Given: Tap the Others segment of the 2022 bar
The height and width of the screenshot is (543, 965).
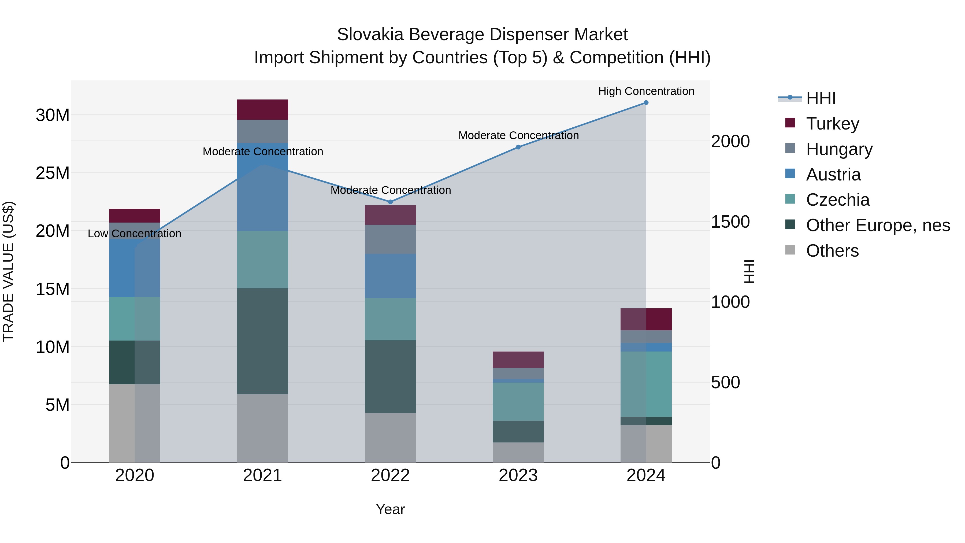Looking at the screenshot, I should tap(390, 437).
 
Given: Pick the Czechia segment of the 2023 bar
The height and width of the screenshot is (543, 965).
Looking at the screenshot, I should tap(518, 401).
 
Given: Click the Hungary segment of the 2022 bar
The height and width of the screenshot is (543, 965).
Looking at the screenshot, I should tap(390, 239).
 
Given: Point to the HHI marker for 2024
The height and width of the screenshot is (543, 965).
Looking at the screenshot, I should tap(646, 102).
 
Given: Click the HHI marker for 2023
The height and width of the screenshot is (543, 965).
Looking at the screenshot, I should tap(518, 147).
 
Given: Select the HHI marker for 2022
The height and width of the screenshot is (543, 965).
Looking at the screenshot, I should tap(390, 202).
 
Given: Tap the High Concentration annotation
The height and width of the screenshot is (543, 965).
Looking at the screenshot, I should tap(646, 91).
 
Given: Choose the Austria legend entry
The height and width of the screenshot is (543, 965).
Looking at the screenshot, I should tap(833, 174).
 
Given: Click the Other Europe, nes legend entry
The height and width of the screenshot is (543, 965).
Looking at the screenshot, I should tap(877, 225).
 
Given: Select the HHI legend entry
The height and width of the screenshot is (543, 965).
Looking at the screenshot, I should tap(821, 98).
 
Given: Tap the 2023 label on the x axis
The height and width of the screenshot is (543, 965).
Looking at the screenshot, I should tap(518, 475).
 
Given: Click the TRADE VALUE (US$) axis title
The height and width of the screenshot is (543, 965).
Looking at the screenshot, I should tap(8, 271).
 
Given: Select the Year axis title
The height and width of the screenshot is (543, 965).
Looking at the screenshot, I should tap(390, 509).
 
